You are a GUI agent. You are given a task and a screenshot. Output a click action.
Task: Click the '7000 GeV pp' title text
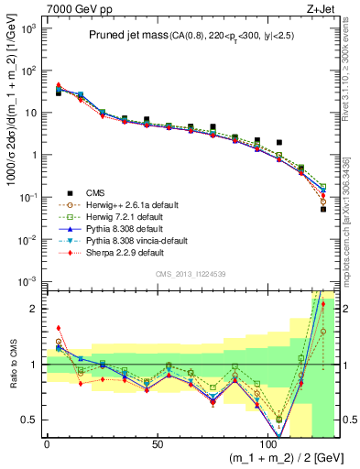(74, 8)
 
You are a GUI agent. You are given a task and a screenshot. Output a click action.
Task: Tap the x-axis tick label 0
(47, 444)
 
